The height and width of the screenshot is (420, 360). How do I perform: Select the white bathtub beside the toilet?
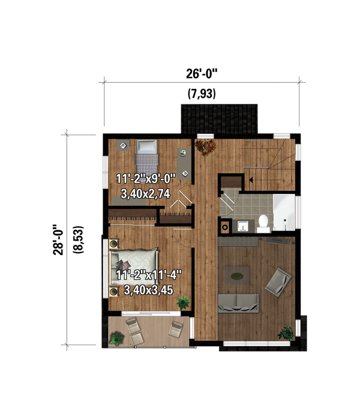coord(284,214)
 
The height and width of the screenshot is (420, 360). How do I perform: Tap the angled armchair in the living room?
coord(278,281)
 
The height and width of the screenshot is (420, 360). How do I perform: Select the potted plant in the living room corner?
coord(287,332)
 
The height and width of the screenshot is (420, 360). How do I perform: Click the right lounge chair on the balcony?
coord(176,328)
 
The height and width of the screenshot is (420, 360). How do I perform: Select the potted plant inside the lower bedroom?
coord(182,304)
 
